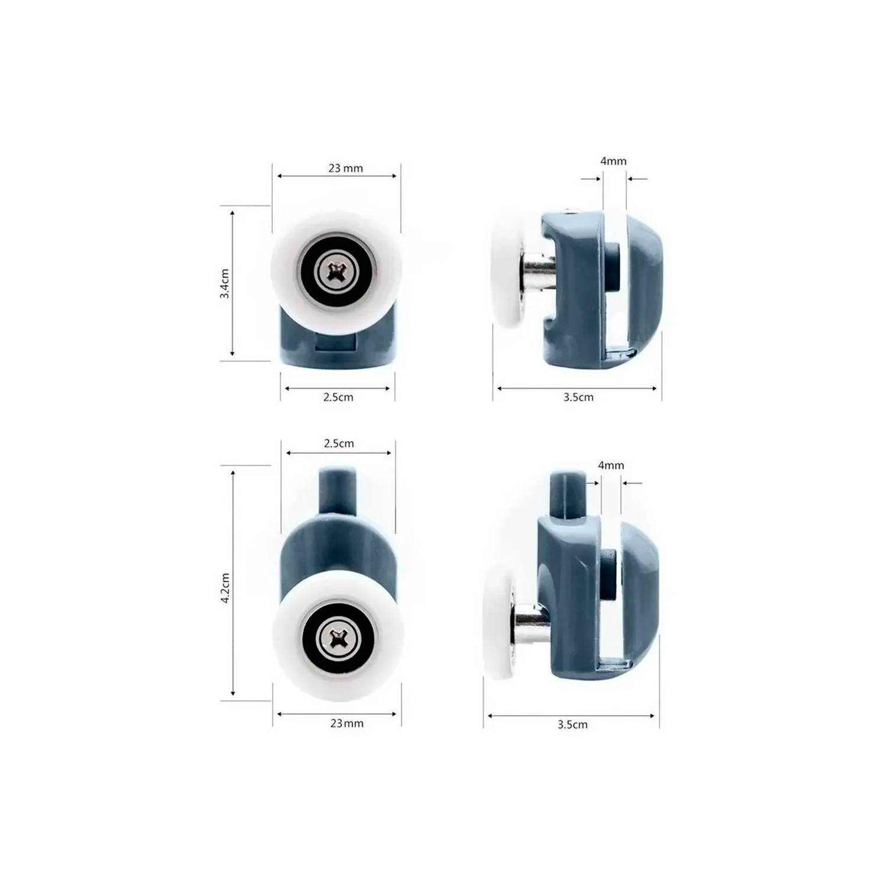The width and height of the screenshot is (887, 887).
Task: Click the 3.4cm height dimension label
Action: pyautogui.click(x=225, y=283)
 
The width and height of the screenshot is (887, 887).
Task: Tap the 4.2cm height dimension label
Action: pyautogui.click(x=225, y=588)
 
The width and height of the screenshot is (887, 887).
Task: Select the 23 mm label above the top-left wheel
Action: pyautogui.click(x=346, y=168)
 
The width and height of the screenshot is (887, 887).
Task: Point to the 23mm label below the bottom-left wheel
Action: pyautogui.click(x=347, y=723)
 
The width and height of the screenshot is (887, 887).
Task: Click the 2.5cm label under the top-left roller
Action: pyautogui.click(x=338, y=397)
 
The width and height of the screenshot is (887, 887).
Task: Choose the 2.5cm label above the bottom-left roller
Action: pyautogui.click(x=339, y=443)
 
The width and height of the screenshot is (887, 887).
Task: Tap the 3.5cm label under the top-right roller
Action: pyautogui.click(x=578, y=397)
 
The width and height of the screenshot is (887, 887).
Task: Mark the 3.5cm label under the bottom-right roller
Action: pyautogui.click(x=572, y=724)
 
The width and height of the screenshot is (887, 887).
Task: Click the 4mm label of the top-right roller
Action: pyautogui.click(x=613, y=161)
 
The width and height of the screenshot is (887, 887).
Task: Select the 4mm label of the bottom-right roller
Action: pyautogui.click(x=611, y=465)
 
